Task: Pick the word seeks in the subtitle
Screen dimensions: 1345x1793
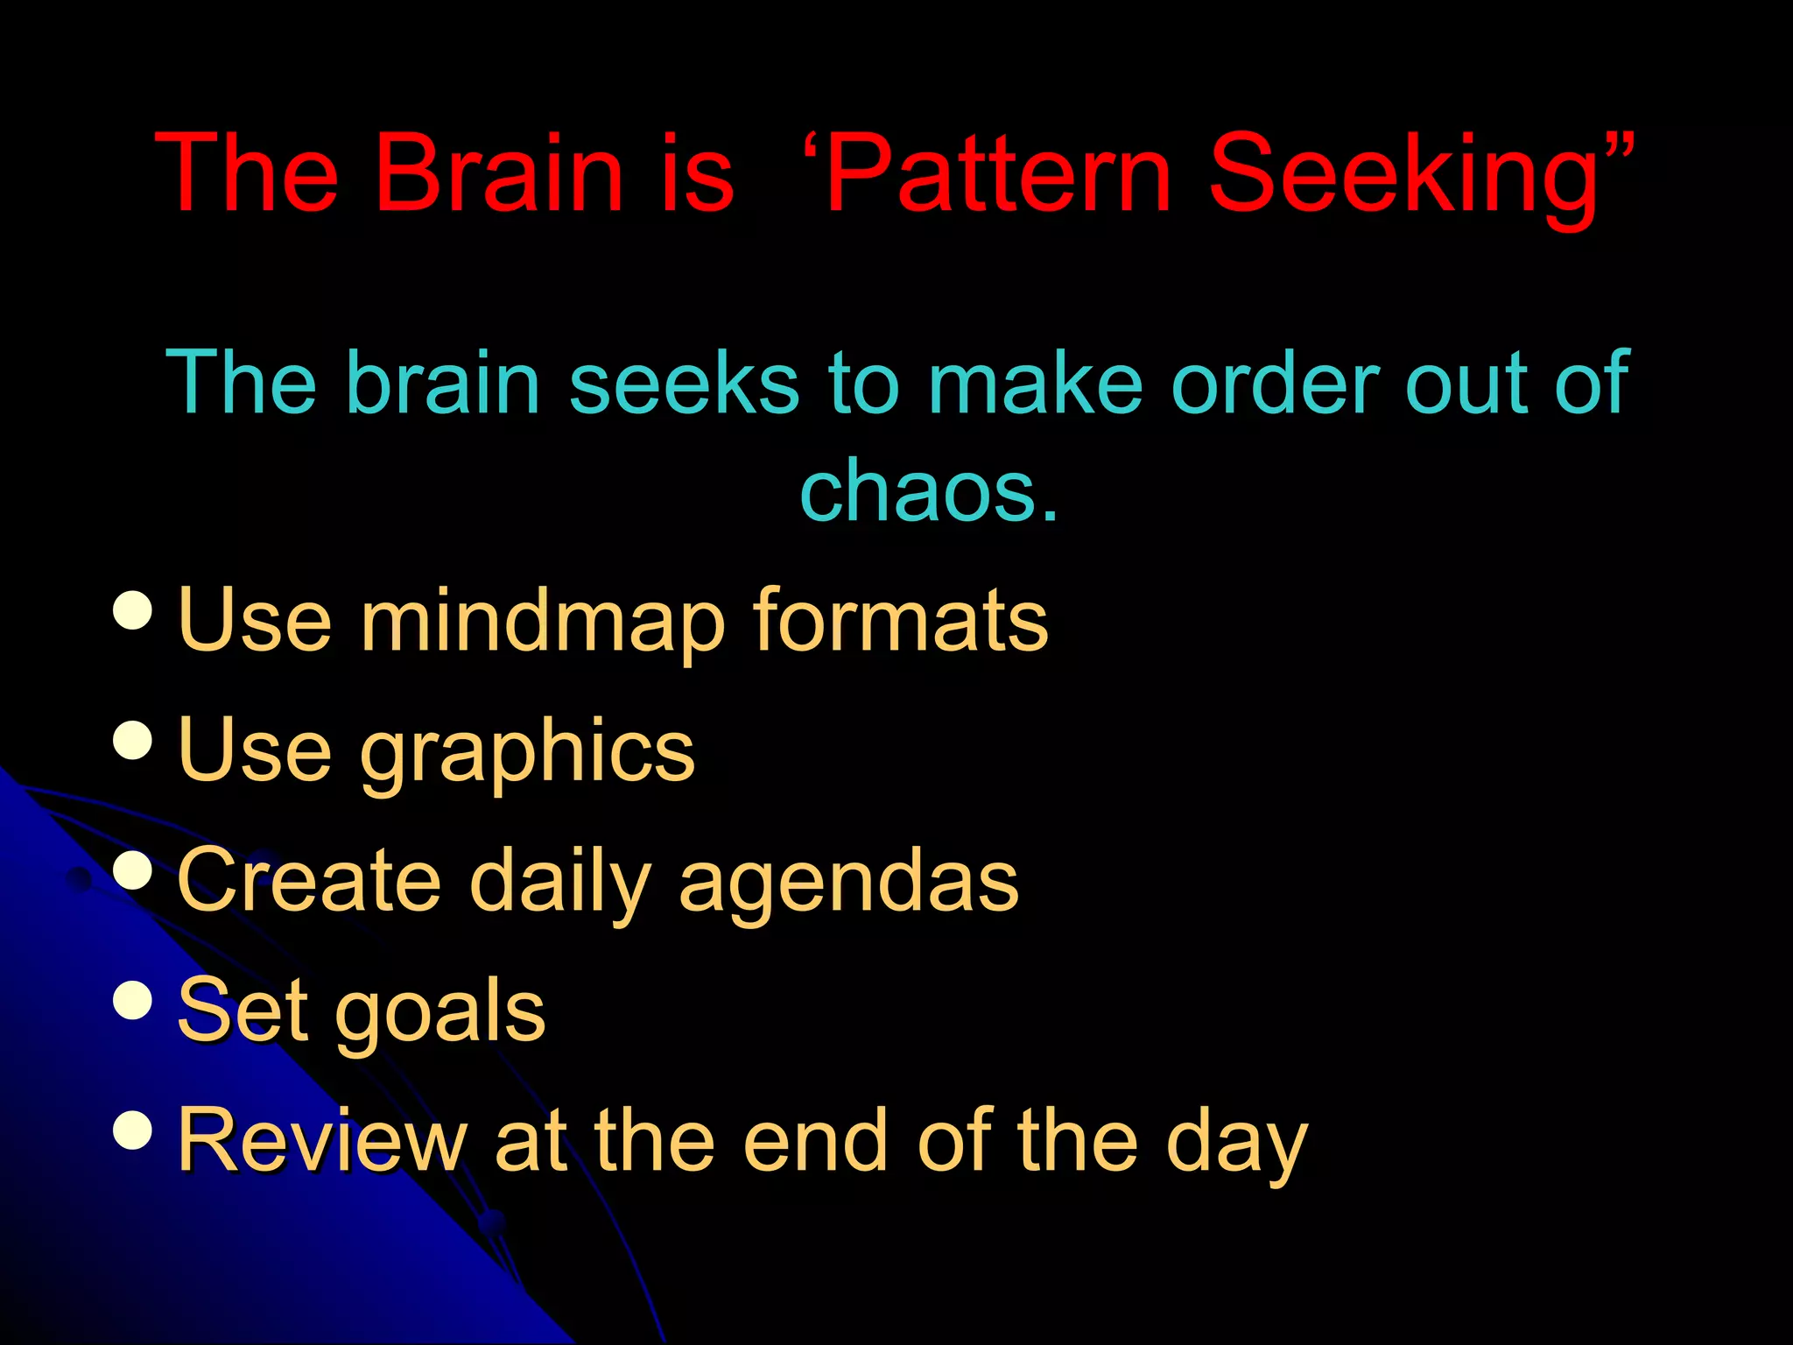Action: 684,383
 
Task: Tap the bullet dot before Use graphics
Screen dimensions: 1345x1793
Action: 133,741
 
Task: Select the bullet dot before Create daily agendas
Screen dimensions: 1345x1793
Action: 133,870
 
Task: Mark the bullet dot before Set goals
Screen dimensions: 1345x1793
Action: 133,1000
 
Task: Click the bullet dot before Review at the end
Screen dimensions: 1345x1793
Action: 133,1130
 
